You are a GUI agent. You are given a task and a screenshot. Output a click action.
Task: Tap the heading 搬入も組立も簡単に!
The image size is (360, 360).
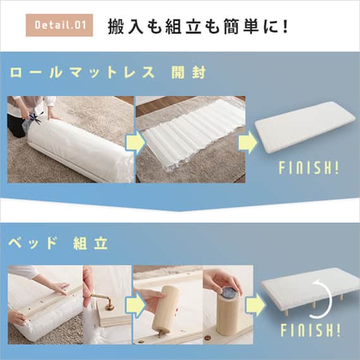[x=198, y=26]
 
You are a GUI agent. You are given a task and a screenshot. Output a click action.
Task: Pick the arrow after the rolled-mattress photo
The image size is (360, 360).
[x=135, y=142]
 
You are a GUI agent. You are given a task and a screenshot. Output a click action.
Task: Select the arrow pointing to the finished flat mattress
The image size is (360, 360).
[x=248, y=142]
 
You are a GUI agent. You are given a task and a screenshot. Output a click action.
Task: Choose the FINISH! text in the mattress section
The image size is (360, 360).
[x=309, y=169]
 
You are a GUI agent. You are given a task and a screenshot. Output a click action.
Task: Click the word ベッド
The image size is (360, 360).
[x=33, y=243]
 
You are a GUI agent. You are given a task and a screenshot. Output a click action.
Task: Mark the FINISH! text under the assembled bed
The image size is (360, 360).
[x=309, y=330]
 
